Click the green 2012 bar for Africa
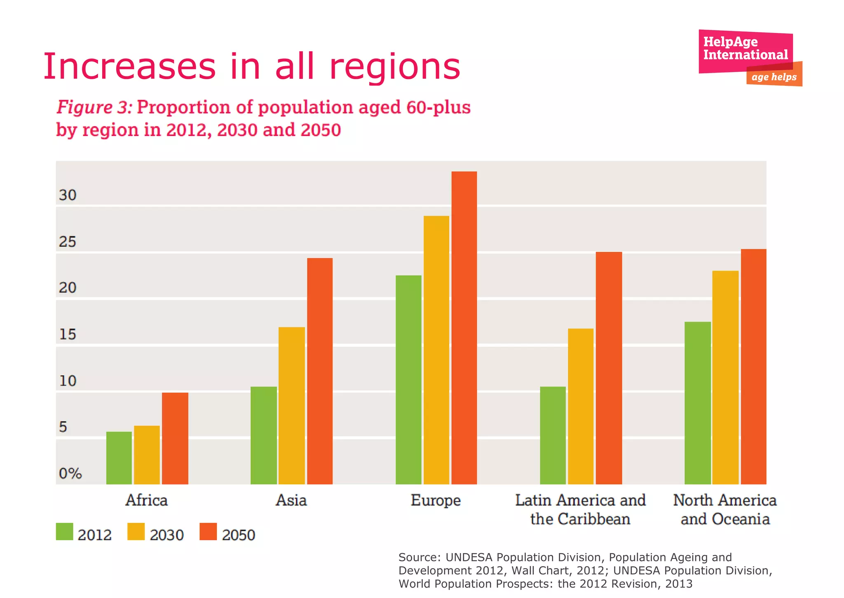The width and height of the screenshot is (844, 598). coord(119,458)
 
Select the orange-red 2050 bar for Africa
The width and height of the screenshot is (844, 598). coord(175,438)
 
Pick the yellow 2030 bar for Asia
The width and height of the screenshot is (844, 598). coord(292,405)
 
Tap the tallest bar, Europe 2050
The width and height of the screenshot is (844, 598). coord(464,327)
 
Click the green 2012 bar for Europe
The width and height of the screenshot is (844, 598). coord(408,379)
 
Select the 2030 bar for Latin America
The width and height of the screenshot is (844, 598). coord(581,406)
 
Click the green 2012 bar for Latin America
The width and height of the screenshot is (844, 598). coord(553,435)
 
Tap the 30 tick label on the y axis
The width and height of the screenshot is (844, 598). coord(68,195)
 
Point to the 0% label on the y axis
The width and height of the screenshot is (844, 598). coord(70,473)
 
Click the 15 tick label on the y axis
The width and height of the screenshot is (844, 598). coord(68,334)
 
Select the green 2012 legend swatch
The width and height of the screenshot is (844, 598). coord(65,532)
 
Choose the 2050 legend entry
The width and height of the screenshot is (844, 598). coord(238,535)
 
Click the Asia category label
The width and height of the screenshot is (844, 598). coord(291,500)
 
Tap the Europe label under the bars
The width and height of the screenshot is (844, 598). coord(436,500)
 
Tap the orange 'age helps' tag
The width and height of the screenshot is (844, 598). coord(774,77)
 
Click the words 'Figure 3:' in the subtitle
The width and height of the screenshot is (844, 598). coord(94,107)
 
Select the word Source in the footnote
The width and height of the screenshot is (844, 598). coord(419,558)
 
